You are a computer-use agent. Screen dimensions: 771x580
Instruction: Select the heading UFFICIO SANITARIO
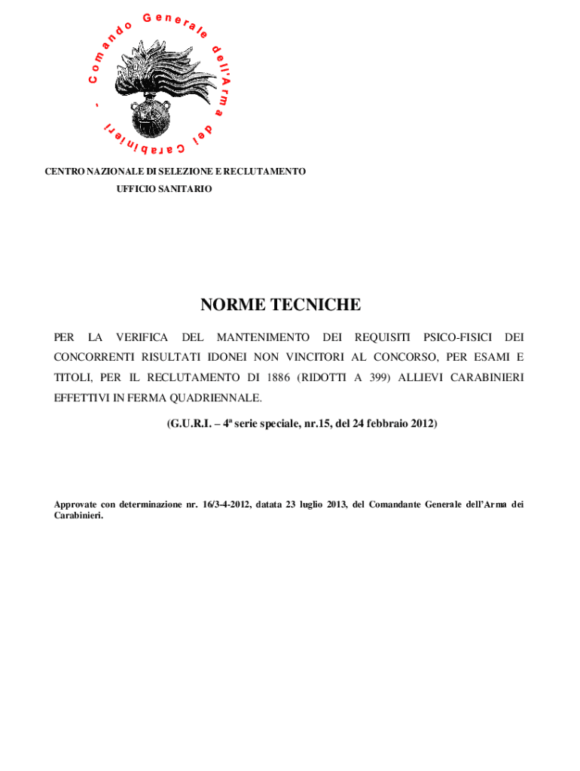(x=164, y=188)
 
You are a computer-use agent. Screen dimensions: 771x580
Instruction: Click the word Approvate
(x=75, y=504)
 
